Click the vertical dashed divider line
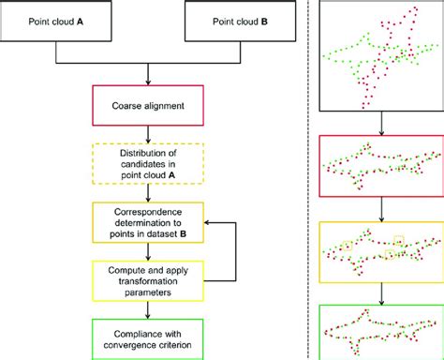click(x=310, y=178)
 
